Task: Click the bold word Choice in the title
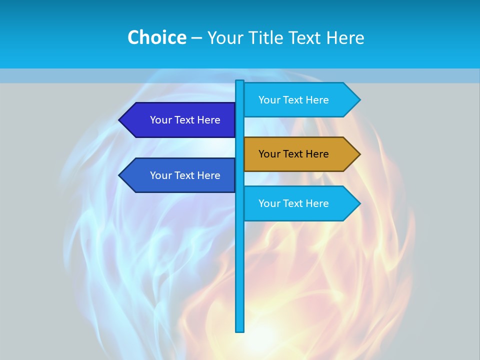click(x=156, y=37)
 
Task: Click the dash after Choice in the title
click(x=196, y=38)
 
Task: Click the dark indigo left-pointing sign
click(x=180, y=120)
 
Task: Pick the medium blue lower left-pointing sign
click(x=180, y=175)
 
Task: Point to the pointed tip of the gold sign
click(x=359, y=154)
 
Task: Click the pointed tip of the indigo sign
click(x=120, y=120)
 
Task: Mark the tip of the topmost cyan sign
click(x=359, y=100)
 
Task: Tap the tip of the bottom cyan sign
click(x=359, y=203)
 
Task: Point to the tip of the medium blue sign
click(x=120, y=175)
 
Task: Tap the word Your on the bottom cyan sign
click(x=269, y=203)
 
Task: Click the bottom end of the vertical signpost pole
click(x=240, y=330)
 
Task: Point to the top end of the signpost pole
click(x=240, y=82)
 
